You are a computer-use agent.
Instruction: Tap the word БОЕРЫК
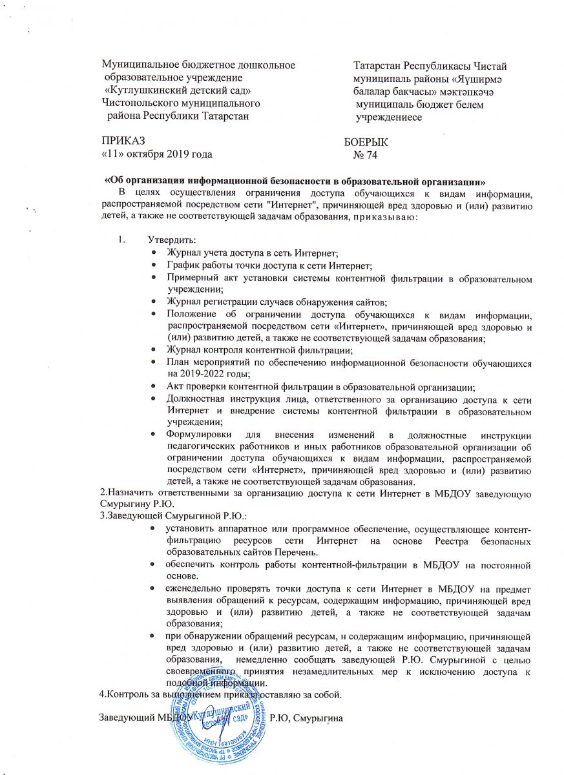click(x=366, y=143)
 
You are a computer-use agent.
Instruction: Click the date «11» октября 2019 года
click(x=156, y=154)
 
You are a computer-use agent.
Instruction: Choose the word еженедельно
click(x=191, y=588)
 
